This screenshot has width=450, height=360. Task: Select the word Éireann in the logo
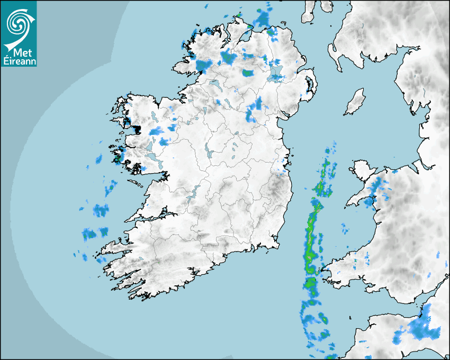point(19,60)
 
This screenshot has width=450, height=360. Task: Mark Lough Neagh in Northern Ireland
point(276,74)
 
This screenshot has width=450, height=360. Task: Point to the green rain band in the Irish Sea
point(311,233)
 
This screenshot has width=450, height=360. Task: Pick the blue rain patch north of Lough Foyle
point(262,19)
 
